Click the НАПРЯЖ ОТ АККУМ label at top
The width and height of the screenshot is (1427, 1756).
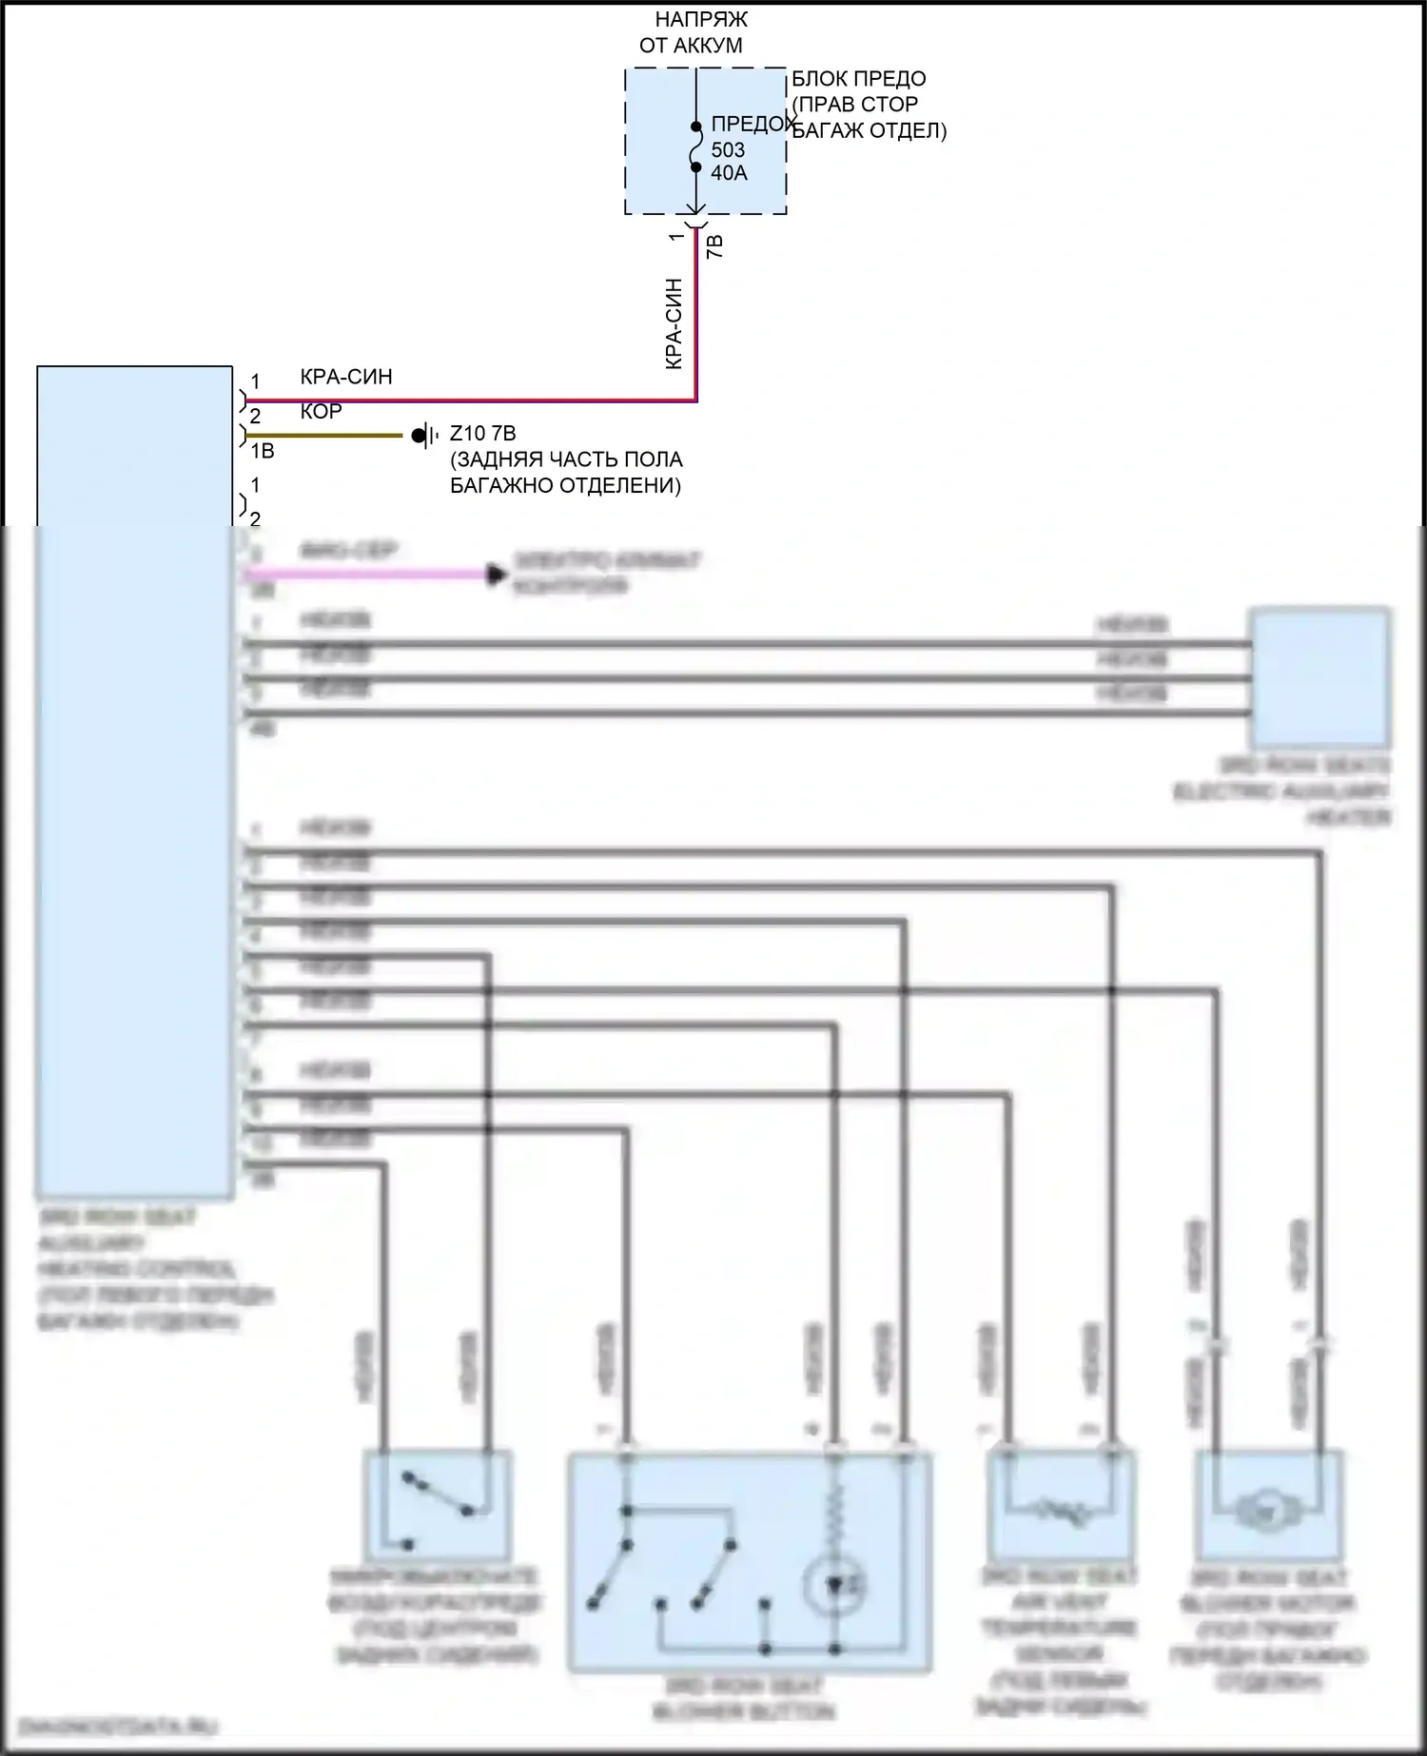pos(699,32)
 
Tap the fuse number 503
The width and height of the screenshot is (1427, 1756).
pos(728,150)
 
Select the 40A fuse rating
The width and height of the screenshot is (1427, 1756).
pos(729,173)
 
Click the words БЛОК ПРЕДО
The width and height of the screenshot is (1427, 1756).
pos(858,79)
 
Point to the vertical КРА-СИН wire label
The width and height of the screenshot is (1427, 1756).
pos(674,323)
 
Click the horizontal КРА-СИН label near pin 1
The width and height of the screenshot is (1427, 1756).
pos(346,377)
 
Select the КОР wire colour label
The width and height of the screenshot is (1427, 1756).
pos(321,411)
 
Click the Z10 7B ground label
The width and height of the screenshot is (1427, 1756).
pos(482,434)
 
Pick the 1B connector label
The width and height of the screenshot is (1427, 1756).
pos(262,451)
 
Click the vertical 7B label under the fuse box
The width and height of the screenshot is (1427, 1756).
pos(715,246)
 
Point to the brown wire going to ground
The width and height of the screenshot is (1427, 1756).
pos(323,436)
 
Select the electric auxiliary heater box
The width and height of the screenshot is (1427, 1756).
pos(1319,677)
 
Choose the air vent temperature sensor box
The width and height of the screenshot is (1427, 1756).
pos(1061,1504)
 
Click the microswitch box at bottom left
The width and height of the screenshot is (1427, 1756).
pos(437,1505)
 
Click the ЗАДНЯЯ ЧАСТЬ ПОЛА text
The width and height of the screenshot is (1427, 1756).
pos(566,459)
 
